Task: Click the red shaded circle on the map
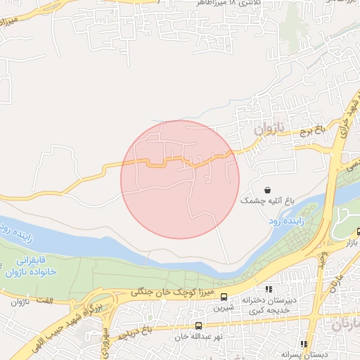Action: tap(180, 180)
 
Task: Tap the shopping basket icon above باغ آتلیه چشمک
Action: tap(267, 190)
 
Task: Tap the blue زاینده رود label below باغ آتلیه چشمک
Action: tap(283, 220)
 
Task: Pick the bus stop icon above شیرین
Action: tap(224, 297)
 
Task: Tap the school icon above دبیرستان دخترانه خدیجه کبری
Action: tap(268, 289)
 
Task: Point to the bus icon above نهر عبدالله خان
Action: tap(199, 326)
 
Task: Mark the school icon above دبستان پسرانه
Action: tap(304, 344)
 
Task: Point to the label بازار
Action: tap(349, 243)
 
